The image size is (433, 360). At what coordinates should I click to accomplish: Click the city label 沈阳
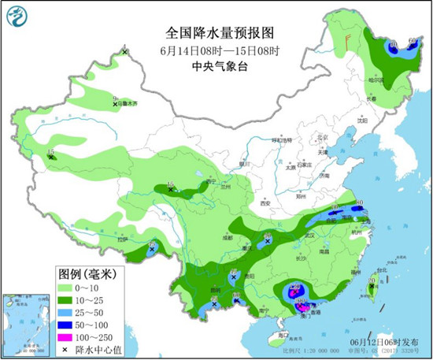click(x=361, y=121)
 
